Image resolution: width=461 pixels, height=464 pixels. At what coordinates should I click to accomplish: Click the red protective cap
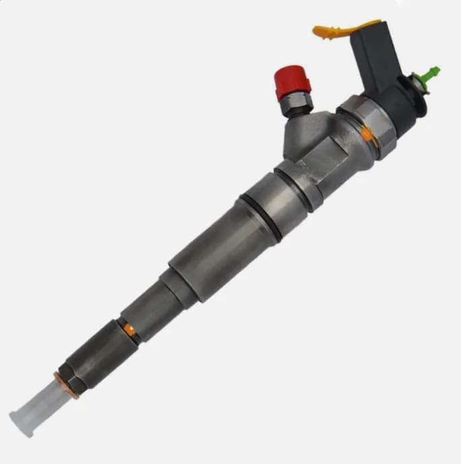coord(293,82)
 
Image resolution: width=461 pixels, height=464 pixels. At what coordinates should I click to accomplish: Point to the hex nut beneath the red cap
coord(297,104)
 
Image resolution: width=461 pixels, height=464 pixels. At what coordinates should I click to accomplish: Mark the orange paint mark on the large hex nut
coord(367,134)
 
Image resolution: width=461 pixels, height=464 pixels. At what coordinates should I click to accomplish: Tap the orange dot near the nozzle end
coord(128,329)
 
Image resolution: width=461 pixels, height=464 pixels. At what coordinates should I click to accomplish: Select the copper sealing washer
coord(66,384)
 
